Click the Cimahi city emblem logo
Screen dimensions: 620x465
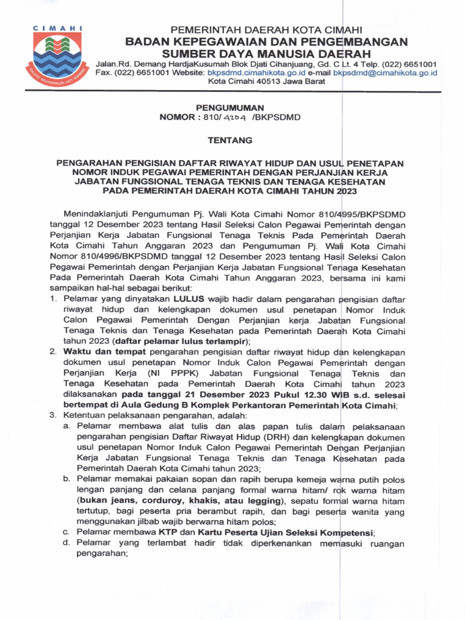(x=58, y=58)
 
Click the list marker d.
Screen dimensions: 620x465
(x=66, y=544)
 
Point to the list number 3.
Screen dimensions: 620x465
(x=53, y=417)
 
